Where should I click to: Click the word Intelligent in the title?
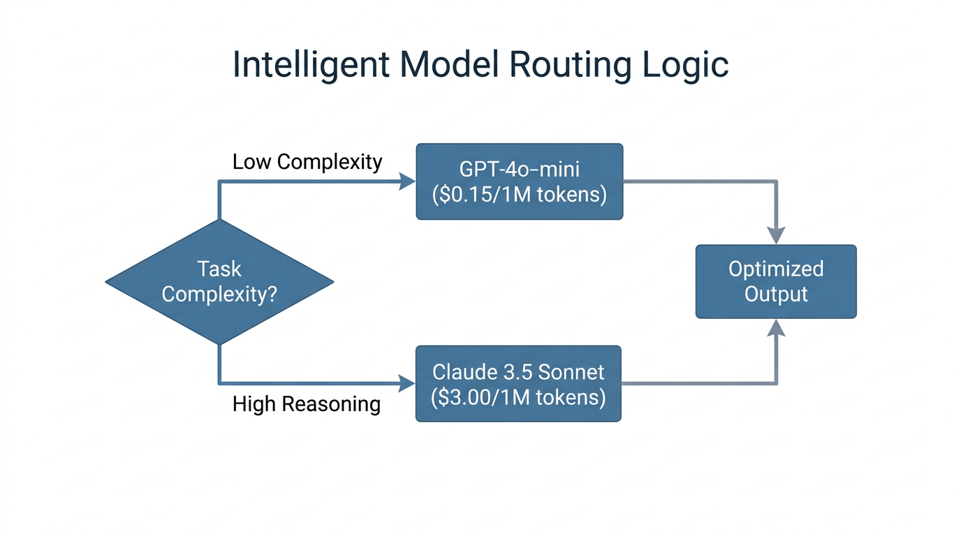(x=311, y=65)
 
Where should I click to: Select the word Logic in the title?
(x=686, y=65)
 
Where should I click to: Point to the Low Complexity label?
(x=307, y=162)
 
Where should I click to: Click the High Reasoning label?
(x=306, y=404)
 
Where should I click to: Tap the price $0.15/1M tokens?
(x=519, y=195)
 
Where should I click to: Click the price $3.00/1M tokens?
(x=518, y=397)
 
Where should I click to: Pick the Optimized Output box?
(x=775, y=281)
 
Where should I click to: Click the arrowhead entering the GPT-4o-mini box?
(x=407, y=182)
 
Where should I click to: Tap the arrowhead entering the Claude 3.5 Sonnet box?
(x=406, y=383)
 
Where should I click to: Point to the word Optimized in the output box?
(x=775, y=269)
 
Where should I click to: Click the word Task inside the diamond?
(x=219, y=269)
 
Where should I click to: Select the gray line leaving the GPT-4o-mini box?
(x=698, y=182)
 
